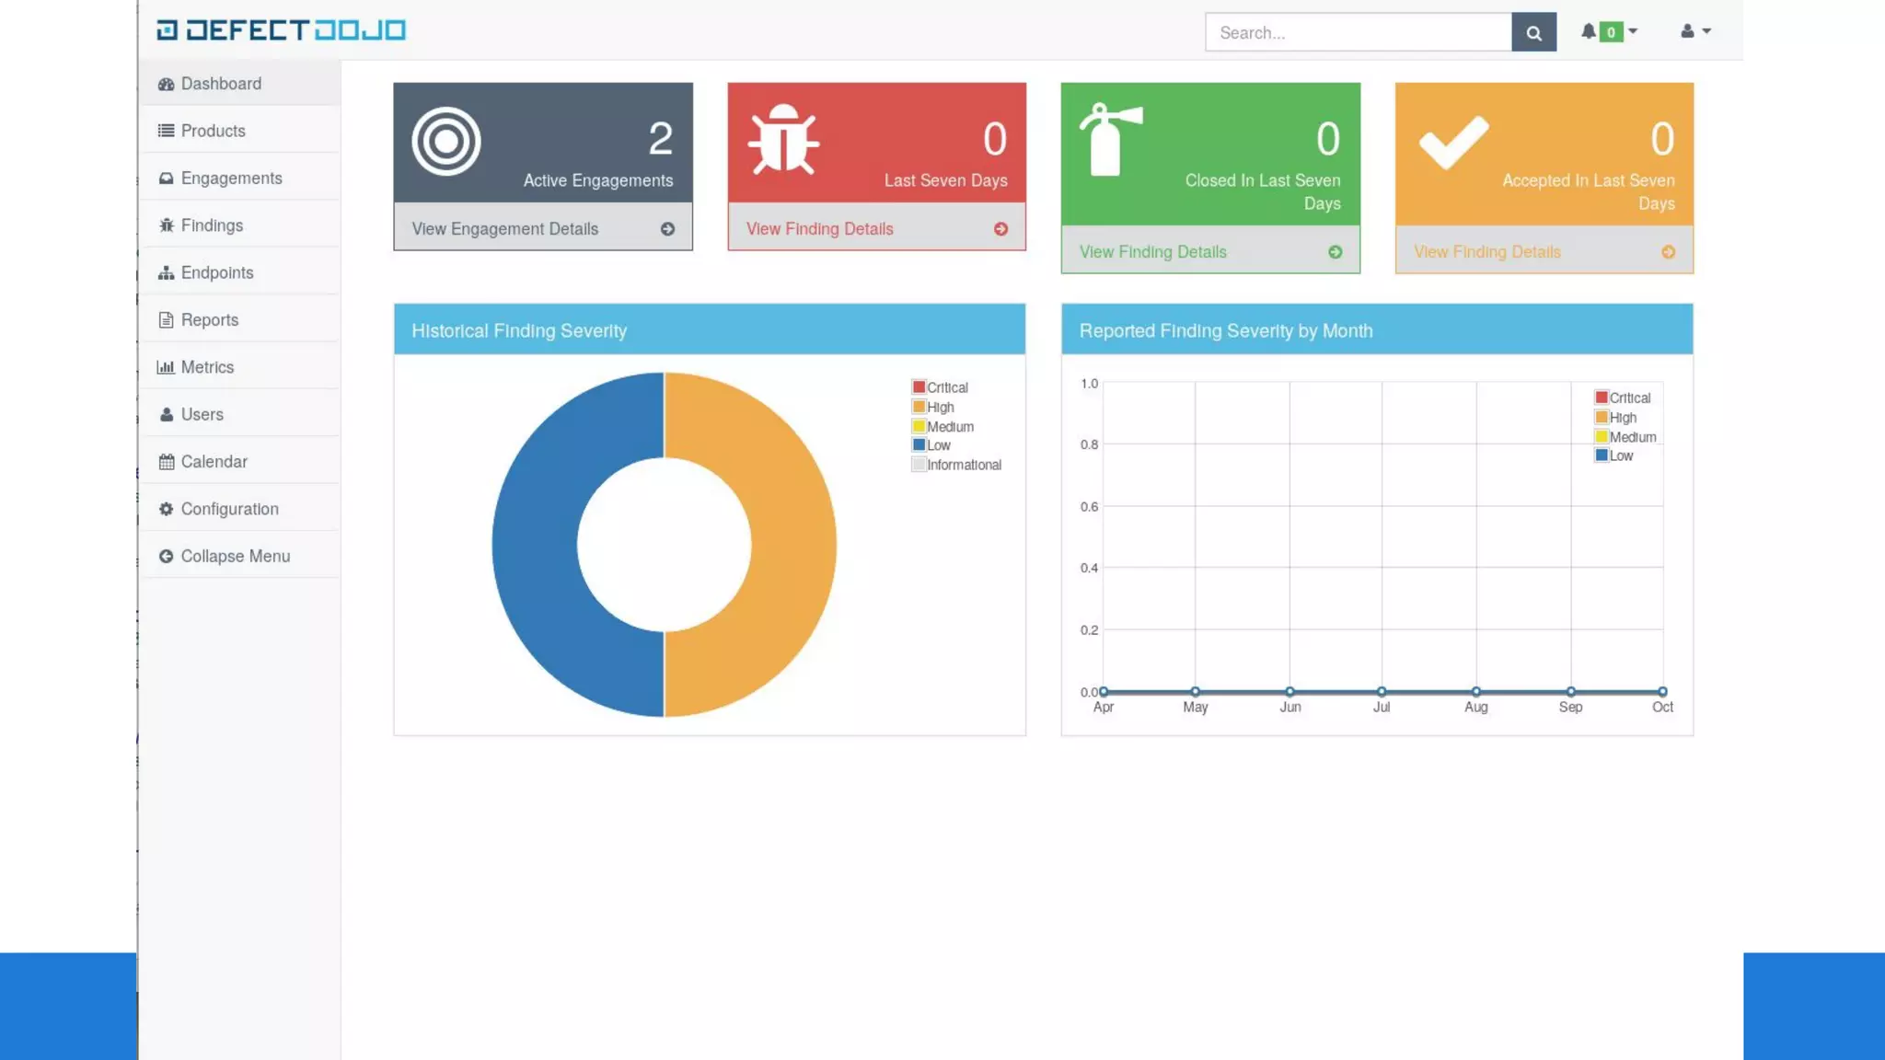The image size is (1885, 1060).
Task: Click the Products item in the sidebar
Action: pyautogui.click(x=213, y=131)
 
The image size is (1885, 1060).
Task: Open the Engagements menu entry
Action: pyautogui.click(x=231, y=179)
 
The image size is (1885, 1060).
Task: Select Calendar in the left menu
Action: pyautogui.click(x=214, y=462)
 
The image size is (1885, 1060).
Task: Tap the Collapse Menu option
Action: pyautogui.click(x=235, y=557)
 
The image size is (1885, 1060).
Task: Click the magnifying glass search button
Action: pyautogui.click(x=1533, y=33)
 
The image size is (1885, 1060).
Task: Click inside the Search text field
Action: pyautogui.click(x=1358, y=33)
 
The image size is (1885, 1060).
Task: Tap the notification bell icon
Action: pyautogui.click(x=1589, y=31)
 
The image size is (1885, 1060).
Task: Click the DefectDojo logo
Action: pyautogui.click(x=281, y=30)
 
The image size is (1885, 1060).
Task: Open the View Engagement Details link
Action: pyautogui.click(x=504, y=229)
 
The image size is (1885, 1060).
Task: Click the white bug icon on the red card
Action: pyautogui.click(x=782, y=141)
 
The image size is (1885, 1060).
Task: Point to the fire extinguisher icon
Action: pyautogui.click(x=1111, y=140)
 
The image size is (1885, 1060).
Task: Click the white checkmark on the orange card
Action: pyautogui.click(x=1453, y=142)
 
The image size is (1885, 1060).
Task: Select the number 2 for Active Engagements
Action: pyautogui.click(x=660, y=140)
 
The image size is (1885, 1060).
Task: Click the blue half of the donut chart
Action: pyautogui.click(x=534, y=545)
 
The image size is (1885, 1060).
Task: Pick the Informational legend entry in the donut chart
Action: pyautogui.click(x=963, y=466)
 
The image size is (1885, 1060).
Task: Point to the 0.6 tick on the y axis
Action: pyautogui.click(x=1089, y=507)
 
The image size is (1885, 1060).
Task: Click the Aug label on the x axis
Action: pyautogui.click(x=1475, y=708)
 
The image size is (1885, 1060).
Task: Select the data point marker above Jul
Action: pyautogui.click(x=1382, y=692)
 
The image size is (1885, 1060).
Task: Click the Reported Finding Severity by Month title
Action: pyautogui.click(x=1225, y=331)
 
